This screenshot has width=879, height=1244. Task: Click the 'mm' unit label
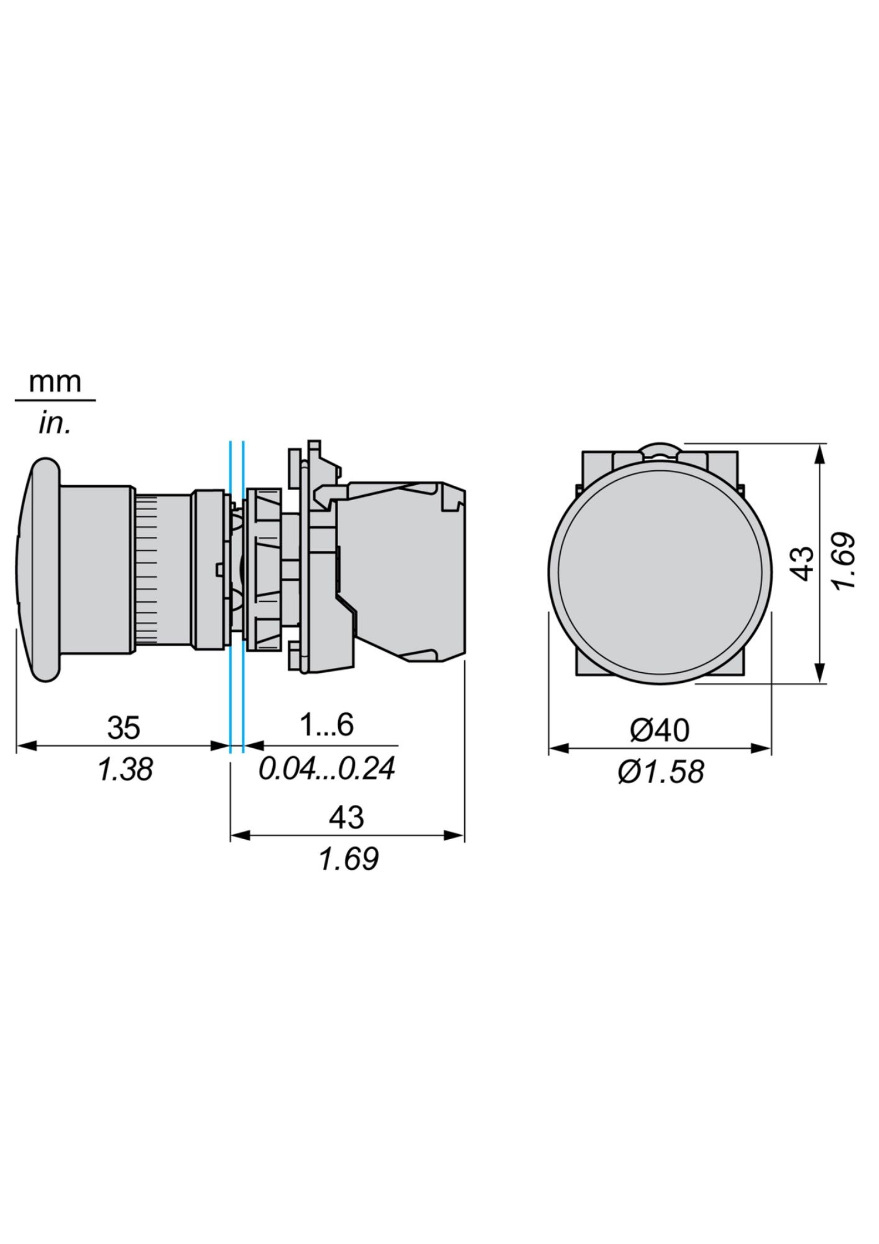(x=55, y=382)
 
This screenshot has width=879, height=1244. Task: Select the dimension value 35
(x=124, y=727)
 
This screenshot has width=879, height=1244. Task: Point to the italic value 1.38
(x=125, y=770)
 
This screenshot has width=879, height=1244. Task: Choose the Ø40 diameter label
(x=660, y=730)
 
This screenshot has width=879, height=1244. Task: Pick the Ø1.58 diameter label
(x=661, y=772)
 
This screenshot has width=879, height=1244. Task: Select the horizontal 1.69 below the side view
(x=348, y=860)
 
